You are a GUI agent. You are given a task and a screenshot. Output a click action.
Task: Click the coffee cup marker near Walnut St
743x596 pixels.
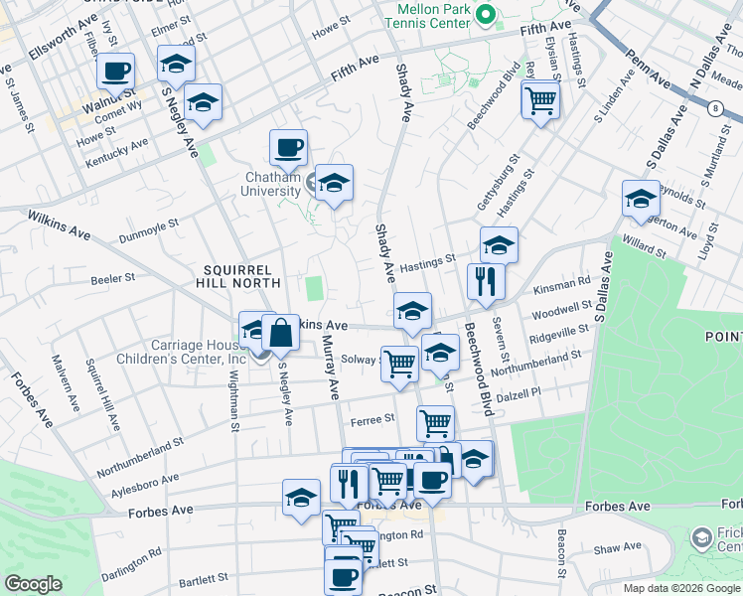[115, 71]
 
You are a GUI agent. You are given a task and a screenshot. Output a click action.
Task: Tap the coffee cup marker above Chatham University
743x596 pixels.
[288, 148]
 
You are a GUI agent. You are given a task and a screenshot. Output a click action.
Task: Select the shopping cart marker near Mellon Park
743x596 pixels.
[539, 99]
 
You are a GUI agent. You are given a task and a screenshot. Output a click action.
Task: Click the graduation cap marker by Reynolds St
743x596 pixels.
[641, 199]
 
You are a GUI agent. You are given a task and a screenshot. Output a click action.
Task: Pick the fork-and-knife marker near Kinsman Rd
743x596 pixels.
[486, 281]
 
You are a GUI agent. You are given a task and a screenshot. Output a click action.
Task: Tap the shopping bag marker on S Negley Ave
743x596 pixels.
[281, 334]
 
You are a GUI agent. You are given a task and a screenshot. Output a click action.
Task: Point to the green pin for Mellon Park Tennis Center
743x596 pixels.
[485, 15]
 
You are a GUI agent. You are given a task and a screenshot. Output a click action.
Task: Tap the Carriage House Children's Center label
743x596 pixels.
[180, 352]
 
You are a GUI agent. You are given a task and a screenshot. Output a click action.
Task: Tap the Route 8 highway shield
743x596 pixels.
[714, 109]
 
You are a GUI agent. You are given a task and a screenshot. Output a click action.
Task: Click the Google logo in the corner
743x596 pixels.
[34, 584]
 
